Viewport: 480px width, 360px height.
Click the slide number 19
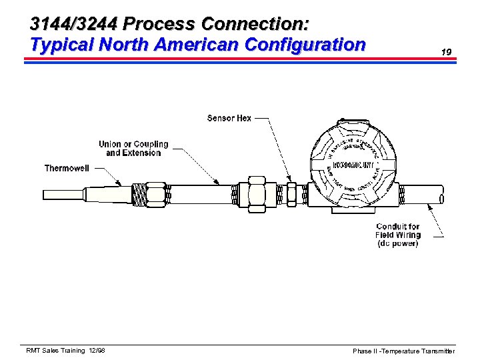pyautogui.click(x=447, y=51)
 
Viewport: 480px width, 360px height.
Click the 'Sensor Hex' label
pyautogui.click(x=229, y=118)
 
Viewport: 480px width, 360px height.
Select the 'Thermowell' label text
pyautogui.click(x=67, y=168)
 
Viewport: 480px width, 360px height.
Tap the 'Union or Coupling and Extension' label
pyautogui.click(x=133, y=148)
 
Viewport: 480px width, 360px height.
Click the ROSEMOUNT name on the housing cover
pyautogui.click(x=353, y=165)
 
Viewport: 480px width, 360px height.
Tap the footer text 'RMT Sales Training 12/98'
pyautogui.click(x=65, y=351)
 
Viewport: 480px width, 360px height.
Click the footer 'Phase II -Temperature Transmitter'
pyautogui.click(x=404, y=351)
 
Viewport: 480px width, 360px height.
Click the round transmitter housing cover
pyautogui.click(x=353, y=163)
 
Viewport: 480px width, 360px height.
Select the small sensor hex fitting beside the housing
pyautogui.click(x=291, y=195)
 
